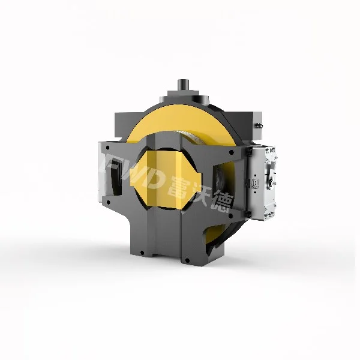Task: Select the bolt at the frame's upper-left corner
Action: (106, 146)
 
